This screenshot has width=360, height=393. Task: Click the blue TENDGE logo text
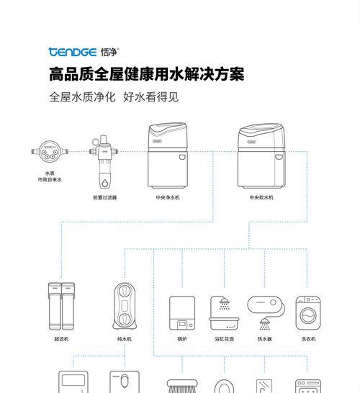(73, 52)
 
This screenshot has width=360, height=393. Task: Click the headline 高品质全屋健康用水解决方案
(147, 74)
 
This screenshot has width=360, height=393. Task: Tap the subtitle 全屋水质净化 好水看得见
(114, 97)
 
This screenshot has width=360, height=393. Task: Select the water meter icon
(50, 151)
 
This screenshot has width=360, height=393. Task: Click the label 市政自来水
(50, 179)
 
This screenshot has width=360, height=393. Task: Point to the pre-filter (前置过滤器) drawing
(104, 161)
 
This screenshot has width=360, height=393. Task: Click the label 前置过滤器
(105, 197)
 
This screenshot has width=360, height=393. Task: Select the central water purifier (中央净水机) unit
(168, 155)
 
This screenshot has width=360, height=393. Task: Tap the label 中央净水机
(168, 197)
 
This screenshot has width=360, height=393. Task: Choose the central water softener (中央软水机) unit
(261, 155)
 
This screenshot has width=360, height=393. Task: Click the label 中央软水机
(261, 197)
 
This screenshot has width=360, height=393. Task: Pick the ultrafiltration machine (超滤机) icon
(61, 306)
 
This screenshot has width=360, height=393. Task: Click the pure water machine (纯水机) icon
(125, 306)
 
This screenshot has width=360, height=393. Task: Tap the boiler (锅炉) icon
(182, 313)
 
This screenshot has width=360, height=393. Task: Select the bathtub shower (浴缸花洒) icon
(225, 313)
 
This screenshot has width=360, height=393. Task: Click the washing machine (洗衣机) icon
(308, 313)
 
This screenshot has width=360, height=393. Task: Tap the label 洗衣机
(308, 339)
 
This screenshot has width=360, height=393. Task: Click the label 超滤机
(61, 339)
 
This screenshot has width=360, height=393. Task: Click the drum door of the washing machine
(308, 315)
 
